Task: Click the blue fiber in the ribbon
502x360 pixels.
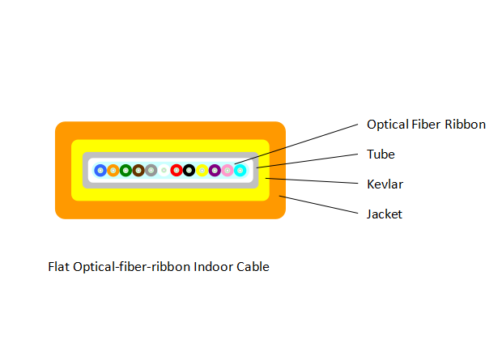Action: (x=100, y=170)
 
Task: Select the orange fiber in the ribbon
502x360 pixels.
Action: (x=113, y=170)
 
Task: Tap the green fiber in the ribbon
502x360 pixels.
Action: (x=125, y=170)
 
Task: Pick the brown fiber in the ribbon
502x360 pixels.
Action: (x=138, y=170)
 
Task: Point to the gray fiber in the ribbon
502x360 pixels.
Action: (x=151, y=170)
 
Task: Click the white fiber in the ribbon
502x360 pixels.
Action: (x=164, y=170)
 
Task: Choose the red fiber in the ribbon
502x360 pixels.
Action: (x=177, y=170)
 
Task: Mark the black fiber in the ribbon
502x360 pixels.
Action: (x=189, y=170)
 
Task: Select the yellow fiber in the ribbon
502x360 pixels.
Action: (x=202, y=170)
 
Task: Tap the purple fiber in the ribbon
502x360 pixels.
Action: (x=215, y=170)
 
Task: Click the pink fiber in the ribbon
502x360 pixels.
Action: (x=227, y=170)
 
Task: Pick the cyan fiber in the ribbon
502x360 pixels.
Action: (x=240, y=170)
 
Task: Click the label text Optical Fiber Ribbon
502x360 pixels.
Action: (x=426, y=125)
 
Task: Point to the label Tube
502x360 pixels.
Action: (x=381, y=154)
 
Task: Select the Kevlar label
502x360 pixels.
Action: (x=385, y=184)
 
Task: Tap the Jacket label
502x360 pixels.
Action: (x=385, y=214)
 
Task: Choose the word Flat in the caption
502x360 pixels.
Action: (x=59, y=266)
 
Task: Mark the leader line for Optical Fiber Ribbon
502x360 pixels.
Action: (x=300, y=146)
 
